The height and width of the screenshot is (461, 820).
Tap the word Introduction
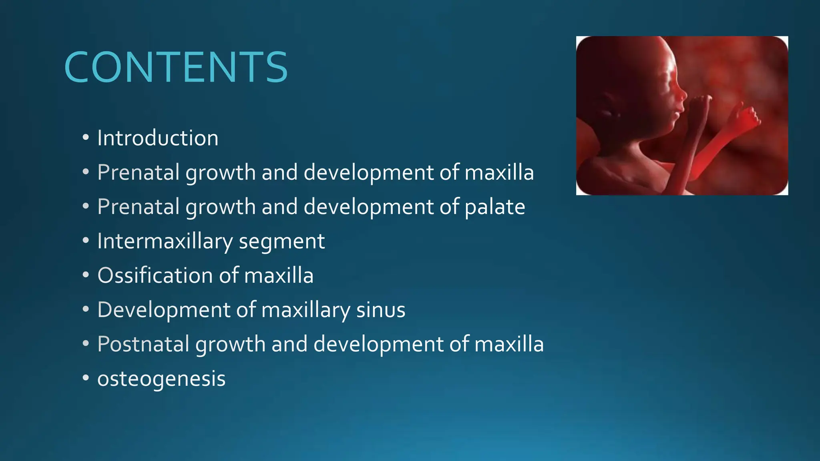click(158, 138)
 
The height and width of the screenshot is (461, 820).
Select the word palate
click(495, 207)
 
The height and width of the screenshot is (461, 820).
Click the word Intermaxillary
click(165, 241)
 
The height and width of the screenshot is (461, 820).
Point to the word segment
click(282, 241)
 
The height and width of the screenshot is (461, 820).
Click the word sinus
click(381, 310)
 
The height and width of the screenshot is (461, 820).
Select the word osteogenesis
click(161, 379)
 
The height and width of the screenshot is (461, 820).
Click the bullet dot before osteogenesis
click(85, 379)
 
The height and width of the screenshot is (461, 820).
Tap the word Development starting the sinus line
click(164, 310)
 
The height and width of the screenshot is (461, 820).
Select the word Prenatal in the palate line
click(139, 207)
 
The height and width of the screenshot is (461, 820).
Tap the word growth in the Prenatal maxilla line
click(220, 173)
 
